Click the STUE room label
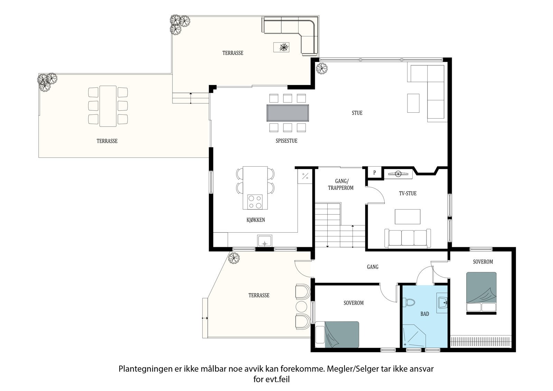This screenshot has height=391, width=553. coord(357,113)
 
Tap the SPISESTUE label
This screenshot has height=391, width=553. coord(287,141)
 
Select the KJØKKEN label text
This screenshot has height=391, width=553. coord(255,220)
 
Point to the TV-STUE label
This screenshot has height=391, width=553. coord(407,193)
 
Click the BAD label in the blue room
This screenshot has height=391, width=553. coord(425,314)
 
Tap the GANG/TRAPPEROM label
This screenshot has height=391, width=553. coord(341,185)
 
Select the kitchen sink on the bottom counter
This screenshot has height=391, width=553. coord(265,241)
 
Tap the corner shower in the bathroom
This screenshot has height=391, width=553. coord(414,336)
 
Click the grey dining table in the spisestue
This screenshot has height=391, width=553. coord(288,113)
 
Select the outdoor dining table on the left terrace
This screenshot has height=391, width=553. coord(108,106)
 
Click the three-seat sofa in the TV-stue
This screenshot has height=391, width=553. coord(407,238)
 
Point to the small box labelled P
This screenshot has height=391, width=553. coord(375,173)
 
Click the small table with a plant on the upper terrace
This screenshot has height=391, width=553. coord(281,47)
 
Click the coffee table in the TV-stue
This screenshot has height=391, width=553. coord(407,217)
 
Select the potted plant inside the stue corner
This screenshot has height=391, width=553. coord(322,68)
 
